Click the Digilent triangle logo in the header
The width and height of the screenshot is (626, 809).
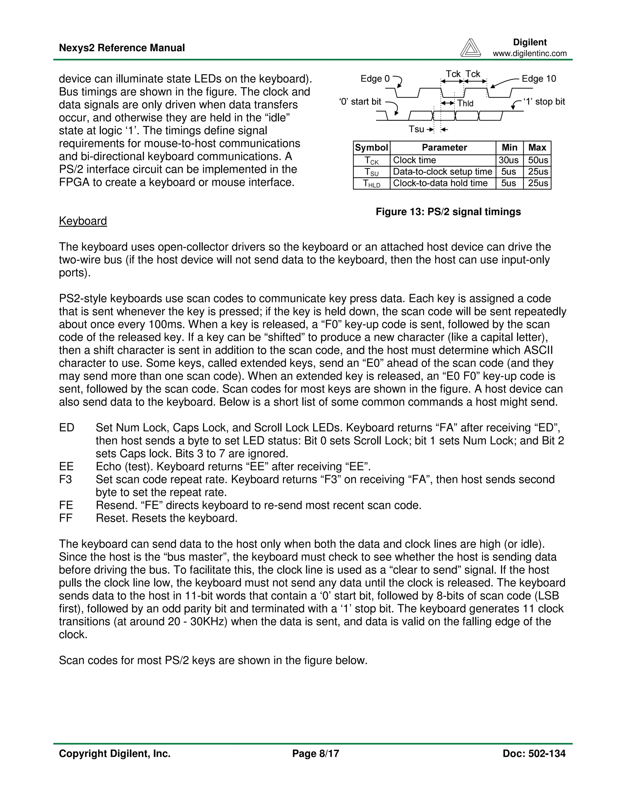coord(470,48)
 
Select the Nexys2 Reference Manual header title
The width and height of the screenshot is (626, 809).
coord(122,48)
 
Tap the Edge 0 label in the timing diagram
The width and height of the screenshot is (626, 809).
coord(375,78)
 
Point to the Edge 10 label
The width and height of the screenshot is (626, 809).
coord(539,78)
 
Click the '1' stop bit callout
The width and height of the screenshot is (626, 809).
coord(544,101)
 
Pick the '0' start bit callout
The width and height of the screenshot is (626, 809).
coord(360,101)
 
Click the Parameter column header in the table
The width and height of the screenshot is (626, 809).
coord(444,148)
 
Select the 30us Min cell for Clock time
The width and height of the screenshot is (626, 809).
coord(508,160)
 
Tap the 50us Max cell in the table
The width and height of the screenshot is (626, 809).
coord(537,160)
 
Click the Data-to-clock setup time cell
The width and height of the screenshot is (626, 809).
coord(442,172)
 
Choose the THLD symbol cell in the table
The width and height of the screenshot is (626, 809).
coord(371,183)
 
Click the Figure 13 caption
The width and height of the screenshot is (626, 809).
coord(448,212)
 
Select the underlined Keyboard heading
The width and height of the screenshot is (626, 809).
coord(83,221)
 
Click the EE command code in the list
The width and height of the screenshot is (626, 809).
coord(66,466)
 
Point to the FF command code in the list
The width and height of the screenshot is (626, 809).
coord(65,518)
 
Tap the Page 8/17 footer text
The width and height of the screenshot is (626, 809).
coord(315,753)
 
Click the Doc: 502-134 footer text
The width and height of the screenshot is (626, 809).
coord(534,753)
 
